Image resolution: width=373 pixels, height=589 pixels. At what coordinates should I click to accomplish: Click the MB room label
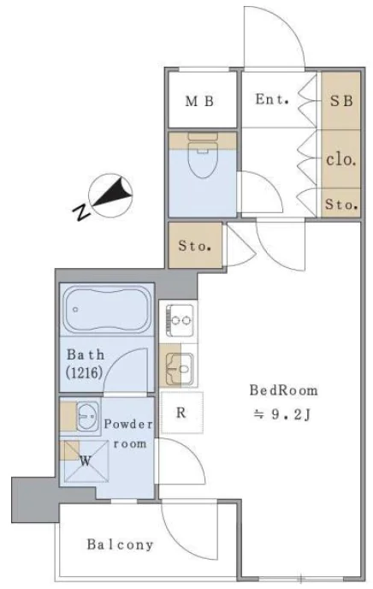tap(199, 101)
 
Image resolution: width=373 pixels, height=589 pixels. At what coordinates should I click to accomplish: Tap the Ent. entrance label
tap(272, 99)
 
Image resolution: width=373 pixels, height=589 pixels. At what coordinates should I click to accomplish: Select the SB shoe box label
tap(341, 101)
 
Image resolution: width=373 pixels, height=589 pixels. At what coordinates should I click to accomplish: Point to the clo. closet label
tap(340, 159)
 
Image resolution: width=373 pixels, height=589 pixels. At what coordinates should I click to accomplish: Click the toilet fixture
tap(203, 154)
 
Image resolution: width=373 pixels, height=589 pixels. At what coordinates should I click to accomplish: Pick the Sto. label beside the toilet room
tap(194, 246)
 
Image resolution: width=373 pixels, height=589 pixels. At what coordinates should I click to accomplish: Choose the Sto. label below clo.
tap(341, 204)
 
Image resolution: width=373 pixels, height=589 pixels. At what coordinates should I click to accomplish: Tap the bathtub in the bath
tap(107, 310)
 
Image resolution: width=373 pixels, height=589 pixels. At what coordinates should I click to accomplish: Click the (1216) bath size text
tap(84, 372)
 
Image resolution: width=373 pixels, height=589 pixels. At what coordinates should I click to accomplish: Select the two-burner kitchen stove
tap(180, 320)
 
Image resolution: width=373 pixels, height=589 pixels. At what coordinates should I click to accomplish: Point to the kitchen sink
tap(179, 369)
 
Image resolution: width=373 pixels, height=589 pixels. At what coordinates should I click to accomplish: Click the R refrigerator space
tap(181, 413)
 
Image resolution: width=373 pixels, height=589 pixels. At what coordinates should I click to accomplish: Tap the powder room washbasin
tap(89, 415)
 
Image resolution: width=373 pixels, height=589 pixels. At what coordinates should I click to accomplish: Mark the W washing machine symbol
tap(86, 461)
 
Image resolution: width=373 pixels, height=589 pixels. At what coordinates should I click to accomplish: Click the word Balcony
tap(120, 544)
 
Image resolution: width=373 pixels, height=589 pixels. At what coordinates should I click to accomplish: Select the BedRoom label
tap(284, 390)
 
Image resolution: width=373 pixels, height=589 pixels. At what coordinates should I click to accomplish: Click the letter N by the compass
tap(82, 212)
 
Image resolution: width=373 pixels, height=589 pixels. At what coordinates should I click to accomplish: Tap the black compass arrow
tap(112, 193)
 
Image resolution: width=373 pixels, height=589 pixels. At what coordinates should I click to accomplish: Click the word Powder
tap(128, 424)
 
